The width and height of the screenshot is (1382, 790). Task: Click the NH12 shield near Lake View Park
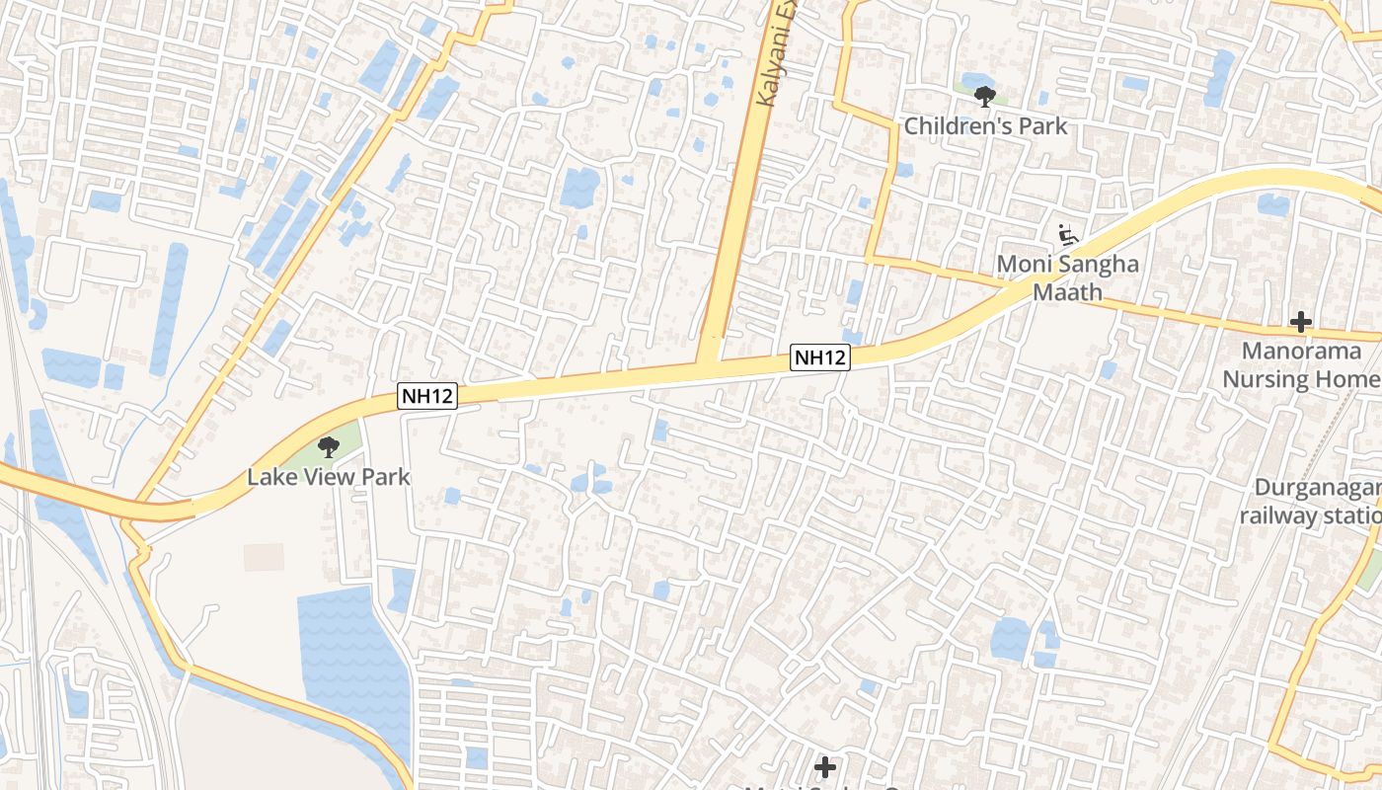(428, 396)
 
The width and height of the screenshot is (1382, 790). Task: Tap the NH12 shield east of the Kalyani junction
(819, 357)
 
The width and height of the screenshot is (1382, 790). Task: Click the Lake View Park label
(328, 477)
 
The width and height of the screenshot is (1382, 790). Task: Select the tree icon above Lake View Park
(328, 448)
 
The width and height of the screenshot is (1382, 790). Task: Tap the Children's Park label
(985, 125)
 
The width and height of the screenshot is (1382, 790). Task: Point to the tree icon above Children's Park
(984, 96)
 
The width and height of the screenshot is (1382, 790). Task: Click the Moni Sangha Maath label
(1067, 278)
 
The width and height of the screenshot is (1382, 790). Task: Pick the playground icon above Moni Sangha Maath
(1067, 235)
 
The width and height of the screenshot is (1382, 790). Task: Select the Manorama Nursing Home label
(1301, 364)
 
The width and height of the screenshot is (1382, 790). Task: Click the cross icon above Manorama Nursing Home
(1301, 321)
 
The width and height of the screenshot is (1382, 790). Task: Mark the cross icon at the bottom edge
(825, 766)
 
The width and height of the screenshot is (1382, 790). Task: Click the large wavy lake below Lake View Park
(350, 652)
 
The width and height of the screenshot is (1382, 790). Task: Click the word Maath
(1067, 293)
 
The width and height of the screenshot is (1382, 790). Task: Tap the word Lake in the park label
(268, 477)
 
